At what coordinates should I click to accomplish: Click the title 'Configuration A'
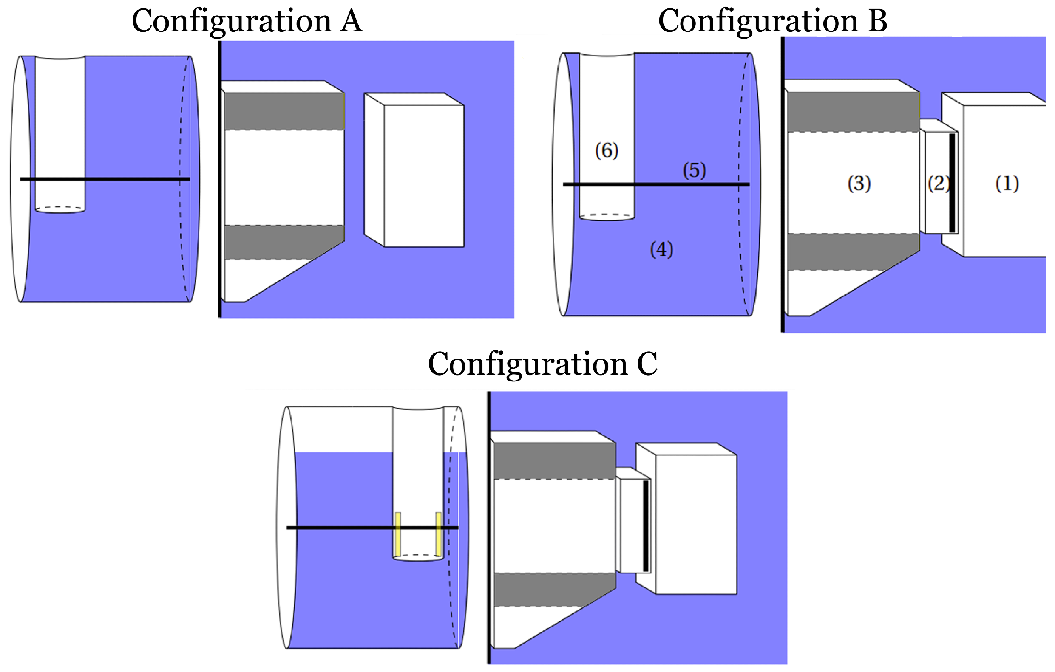click(247, 21)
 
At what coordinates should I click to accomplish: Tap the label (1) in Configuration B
click(1007, 184)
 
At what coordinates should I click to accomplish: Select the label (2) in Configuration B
click(938, 184)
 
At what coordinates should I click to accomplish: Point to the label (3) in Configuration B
click(859, 184)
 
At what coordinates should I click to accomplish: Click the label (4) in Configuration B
click(661, 249)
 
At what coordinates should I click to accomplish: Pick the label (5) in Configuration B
click(695, 170)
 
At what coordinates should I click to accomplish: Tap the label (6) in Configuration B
click(607, 151)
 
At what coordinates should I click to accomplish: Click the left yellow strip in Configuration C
click(398, 533)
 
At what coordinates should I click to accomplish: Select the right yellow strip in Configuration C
click(438, 533)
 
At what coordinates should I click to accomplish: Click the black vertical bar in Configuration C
click(646, 526)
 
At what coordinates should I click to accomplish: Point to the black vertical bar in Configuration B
click(952, 183)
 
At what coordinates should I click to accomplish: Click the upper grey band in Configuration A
click(284, 111)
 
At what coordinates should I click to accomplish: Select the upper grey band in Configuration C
click(554, 460)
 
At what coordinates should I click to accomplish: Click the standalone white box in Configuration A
click(423, 175)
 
